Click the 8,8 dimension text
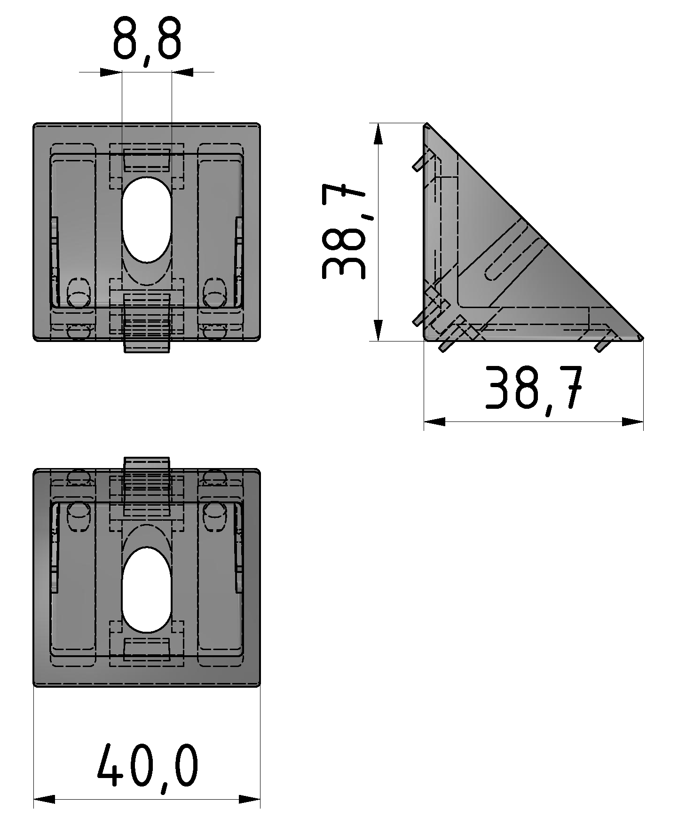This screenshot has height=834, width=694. (x=147, y=40)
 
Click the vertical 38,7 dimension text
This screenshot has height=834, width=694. (x=343, y=232)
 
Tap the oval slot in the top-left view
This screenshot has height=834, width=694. (x=147, y=220)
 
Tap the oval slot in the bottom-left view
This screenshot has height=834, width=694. (x=147, y=589)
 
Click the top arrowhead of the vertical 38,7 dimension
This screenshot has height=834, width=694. (x=378, y=134)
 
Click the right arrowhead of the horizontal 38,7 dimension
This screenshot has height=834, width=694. (x=632, y=422)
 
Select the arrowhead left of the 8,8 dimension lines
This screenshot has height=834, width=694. (x=111, y=72)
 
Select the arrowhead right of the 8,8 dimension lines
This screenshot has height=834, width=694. (x=182, y=72)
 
